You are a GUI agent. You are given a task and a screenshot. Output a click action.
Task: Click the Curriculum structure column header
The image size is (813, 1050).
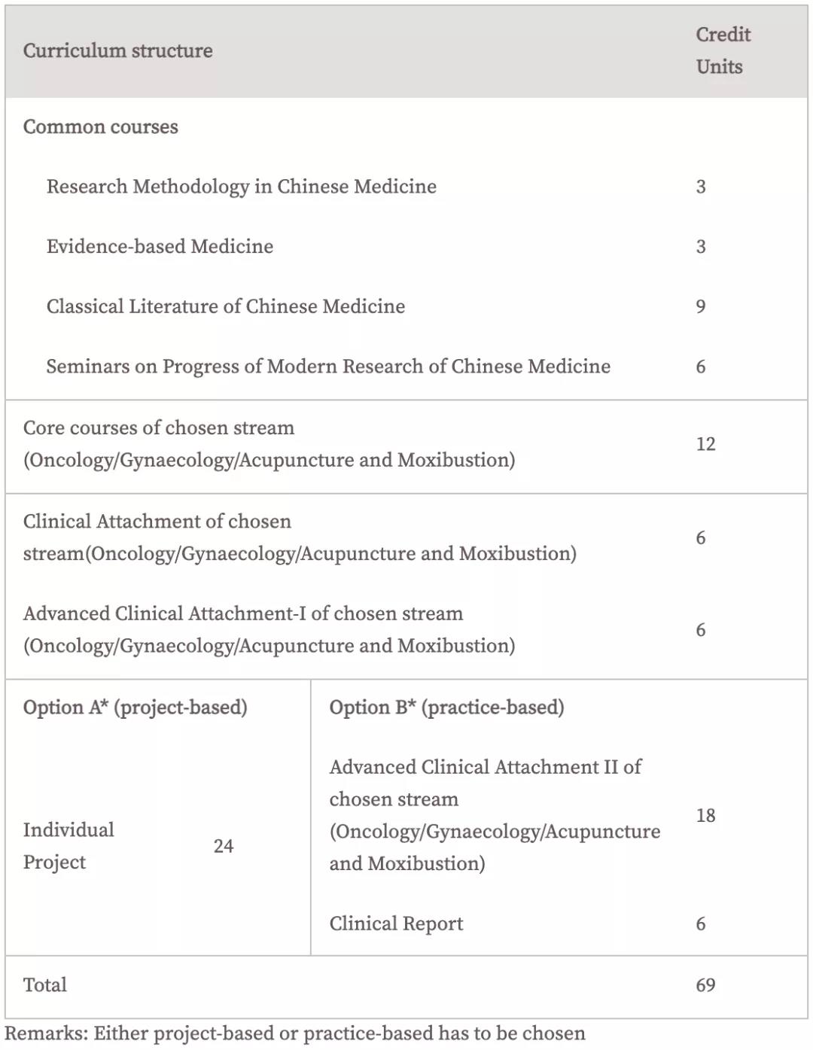tap(117, 50)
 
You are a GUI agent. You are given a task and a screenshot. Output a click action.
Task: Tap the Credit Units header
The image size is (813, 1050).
tap(722, 50)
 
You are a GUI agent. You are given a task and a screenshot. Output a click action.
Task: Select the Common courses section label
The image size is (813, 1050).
tap(100, 126)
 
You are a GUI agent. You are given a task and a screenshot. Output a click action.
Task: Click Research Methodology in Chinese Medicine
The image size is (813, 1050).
tap(241, 187)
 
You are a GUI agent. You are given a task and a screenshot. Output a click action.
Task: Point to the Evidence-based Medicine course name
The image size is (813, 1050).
tap(160, 246)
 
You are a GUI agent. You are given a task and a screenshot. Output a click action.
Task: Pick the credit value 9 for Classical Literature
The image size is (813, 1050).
tap(701, 306)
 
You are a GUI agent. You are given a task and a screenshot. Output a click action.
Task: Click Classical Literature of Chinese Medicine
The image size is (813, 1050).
tap(225, 306)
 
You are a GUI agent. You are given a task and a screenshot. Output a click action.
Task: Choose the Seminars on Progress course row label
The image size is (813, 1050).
tap(327, 367)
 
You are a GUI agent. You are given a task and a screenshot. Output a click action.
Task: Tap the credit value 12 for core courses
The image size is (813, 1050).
tap(705, 444)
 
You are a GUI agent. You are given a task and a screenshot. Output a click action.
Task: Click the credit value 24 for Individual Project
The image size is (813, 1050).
tap(224, 846)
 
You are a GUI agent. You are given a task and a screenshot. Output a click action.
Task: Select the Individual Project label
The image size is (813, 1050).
tap(68, 846)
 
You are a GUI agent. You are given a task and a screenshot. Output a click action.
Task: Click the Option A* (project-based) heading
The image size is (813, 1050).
tap(135, 708)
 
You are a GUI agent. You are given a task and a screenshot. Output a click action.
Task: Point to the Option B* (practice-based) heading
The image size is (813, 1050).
tap(446, 708)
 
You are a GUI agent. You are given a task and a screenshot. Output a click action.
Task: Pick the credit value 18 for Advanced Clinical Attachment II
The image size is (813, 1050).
tap(705, 815)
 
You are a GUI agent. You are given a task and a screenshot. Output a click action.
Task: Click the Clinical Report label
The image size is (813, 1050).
tap(396, 924)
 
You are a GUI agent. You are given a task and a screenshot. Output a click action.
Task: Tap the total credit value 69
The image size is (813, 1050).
tap(705, 985)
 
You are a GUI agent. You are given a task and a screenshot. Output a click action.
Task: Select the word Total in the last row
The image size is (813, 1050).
tap(45, 985)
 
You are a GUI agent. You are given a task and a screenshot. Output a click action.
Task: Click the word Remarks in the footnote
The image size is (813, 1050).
tap(44, 1033)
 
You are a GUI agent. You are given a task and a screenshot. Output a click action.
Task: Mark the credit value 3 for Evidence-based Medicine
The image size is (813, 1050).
tap(701, 247)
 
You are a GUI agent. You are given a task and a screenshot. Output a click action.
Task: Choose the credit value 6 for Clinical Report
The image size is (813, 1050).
tap(701, 924)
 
